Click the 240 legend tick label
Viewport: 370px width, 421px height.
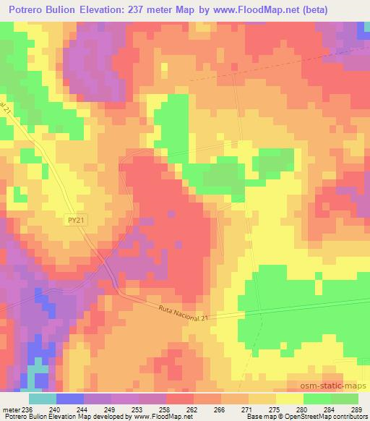click(53, 409)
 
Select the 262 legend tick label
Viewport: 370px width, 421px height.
click(192, 409)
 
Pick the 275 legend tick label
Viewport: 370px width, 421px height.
click(274, 409)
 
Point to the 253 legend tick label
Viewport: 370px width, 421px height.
click(137, 409)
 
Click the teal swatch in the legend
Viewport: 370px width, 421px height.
click(42, 399)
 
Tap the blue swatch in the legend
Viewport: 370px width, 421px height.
click(69, 399)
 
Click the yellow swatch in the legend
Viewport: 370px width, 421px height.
click(289, 399)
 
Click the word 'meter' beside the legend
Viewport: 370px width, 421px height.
click(10, 409)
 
